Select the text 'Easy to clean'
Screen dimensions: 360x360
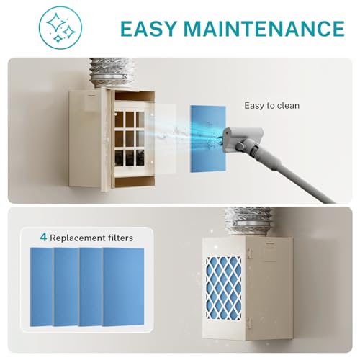click(x=271, y=106)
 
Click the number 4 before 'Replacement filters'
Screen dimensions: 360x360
click(x=43, y=236)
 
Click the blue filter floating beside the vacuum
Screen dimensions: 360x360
click(x=207, y=138)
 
